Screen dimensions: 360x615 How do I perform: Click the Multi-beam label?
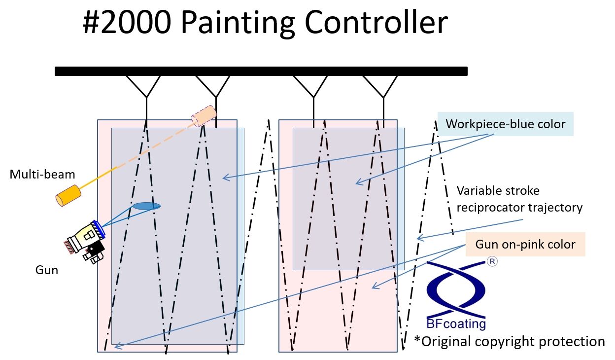[42, 174]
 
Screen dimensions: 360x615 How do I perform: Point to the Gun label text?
[47, 270]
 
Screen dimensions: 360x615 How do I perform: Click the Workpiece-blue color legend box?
[505, 124]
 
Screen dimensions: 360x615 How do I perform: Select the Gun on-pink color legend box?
[525, 244]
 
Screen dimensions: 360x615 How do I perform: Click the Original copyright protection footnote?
[510, 341]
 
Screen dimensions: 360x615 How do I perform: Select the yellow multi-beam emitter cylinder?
[68, 195]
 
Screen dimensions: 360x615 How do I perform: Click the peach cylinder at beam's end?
[204, 115]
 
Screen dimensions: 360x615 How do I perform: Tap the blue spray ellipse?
[146, 206]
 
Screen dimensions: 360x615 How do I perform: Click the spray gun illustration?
[87, 240]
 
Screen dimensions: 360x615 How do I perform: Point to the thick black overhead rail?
[261, 71]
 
